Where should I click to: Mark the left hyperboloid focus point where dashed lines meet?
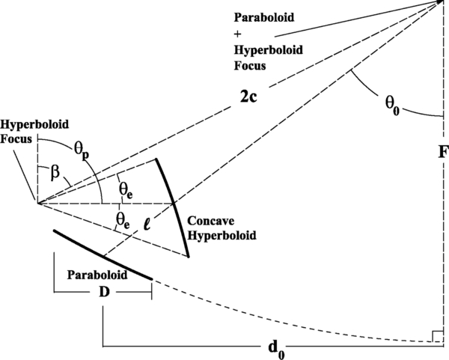[x=35, y=203]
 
